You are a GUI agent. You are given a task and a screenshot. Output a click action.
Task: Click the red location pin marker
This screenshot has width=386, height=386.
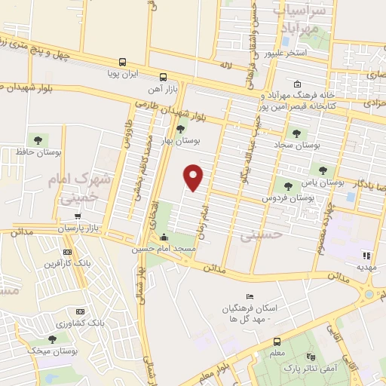195,177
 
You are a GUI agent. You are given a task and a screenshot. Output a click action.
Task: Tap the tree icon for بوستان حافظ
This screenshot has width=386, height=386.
35,139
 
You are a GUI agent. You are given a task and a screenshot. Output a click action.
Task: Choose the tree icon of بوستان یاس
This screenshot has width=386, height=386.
323,170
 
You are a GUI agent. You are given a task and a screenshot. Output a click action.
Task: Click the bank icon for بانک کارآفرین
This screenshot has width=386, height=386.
67,252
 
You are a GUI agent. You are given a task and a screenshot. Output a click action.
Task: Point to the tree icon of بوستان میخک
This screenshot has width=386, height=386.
51,339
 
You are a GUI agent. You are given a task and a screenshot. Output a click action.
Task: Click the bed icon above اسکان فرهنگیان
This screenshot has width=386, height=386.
251,296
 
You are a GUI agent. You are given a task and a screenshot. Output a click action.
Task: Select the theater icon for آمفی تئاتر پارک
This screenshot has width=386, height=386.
309,355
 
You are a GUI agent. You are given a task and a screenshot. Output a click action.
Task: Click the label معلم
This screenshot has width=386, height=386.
277,354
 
